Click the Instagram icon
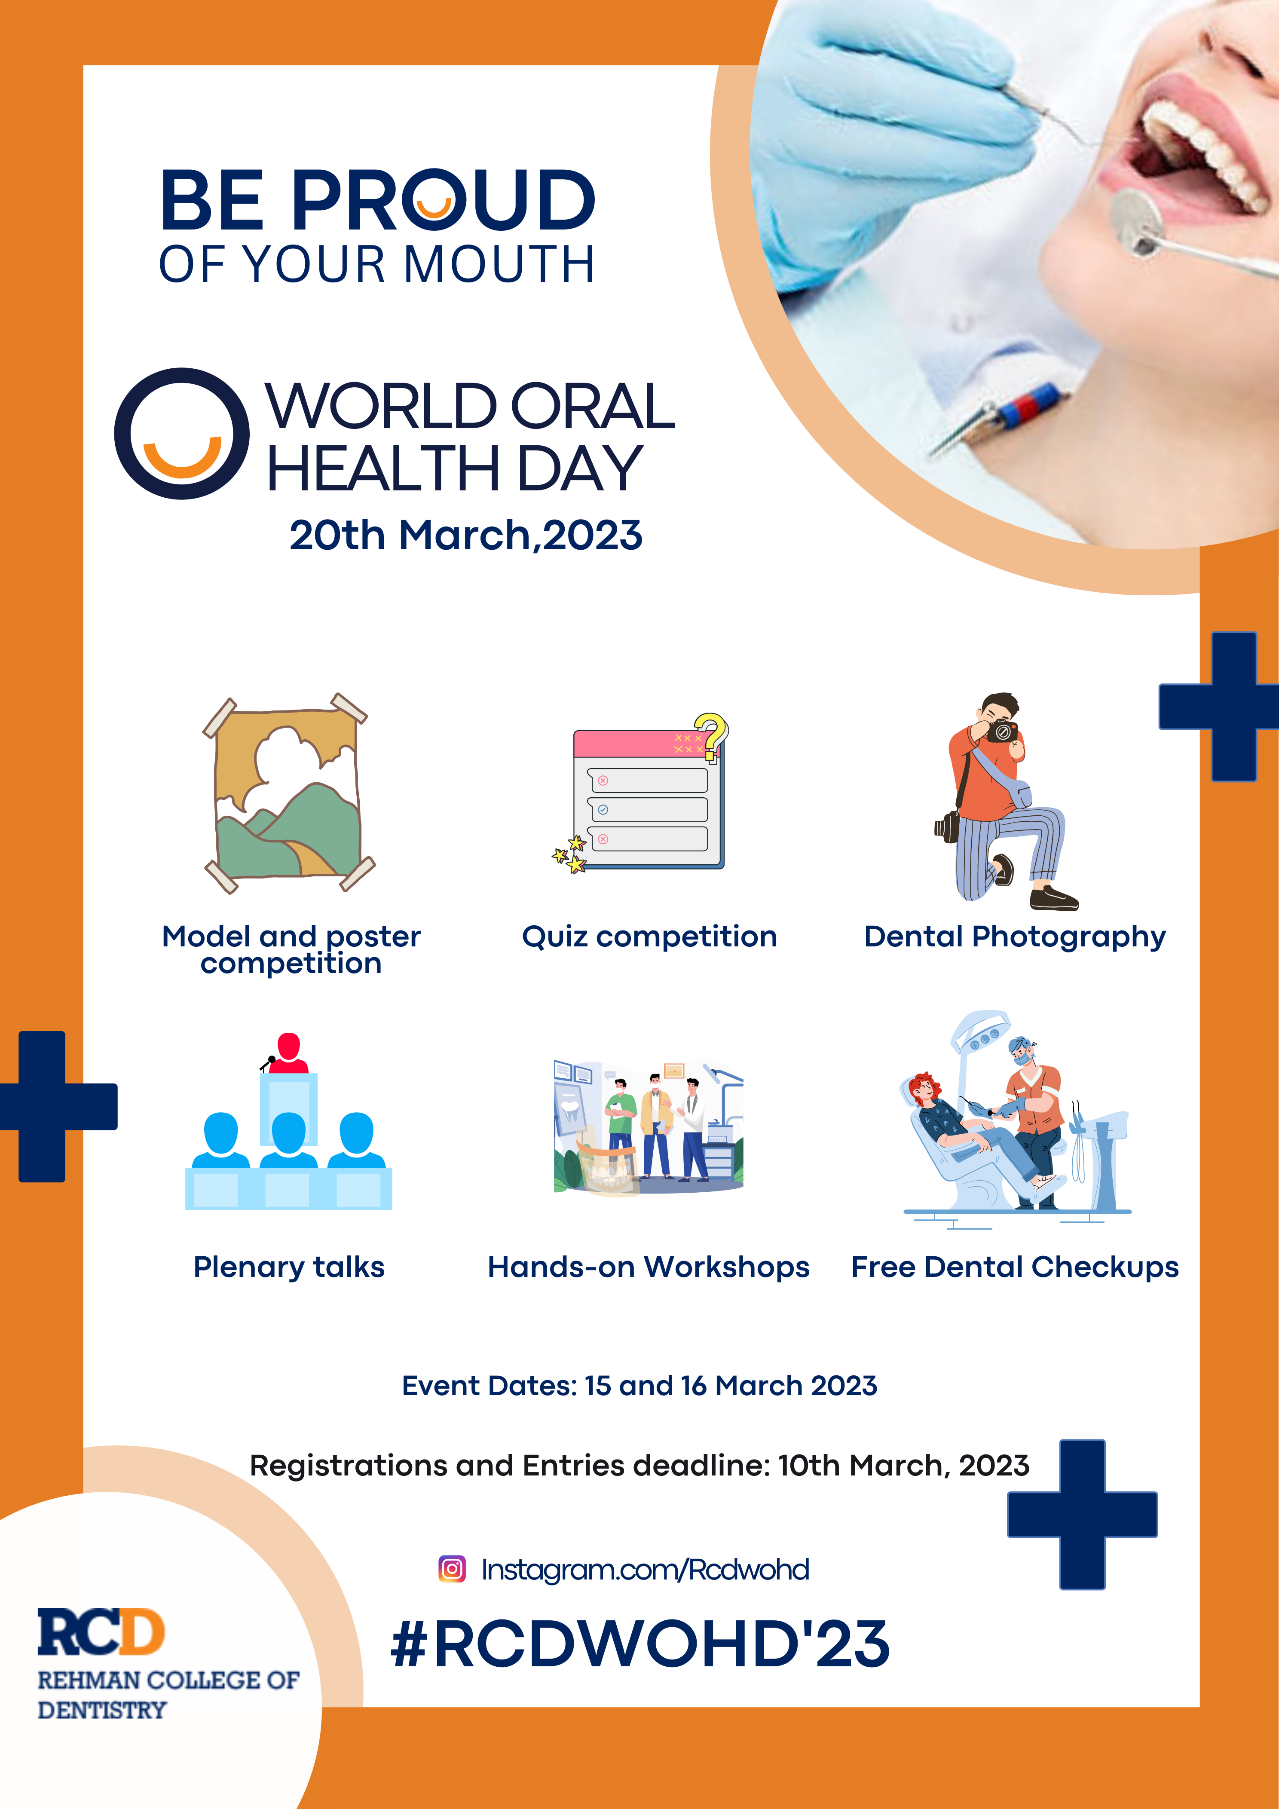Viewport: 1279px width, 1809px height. [452, 1569]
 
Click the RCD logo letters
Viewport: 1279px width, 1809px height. [101, 1632]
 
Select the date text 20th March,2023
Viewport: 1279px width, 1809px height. [466, 536]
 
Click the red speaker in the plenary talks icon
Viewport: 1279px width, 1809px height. [288, 1053]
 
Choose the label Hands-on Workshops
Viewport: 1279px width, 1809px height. [649, 1267]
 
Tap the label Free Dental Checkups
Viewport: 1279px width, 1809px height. [1015, 1267]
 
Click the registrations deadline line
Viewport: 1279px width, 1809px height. [639, 1466]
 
